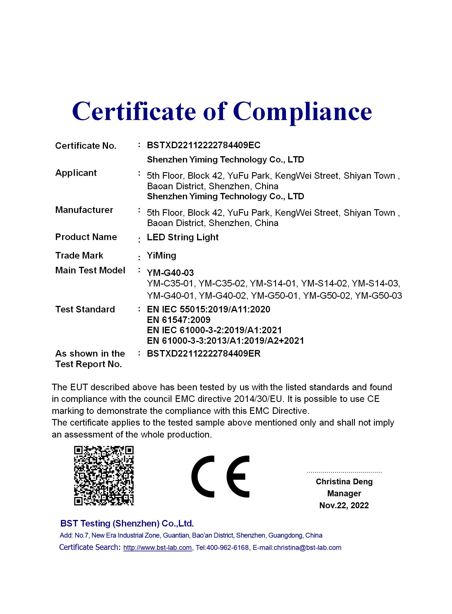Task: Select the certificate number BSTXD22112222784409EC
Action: tap(203, 145)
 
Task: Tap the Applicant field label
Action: tap(76, 173)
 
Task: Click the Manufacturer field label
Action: tap(84, 210)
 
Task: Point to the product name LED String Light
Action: tap(183, 237)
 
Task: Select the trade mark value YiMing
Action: tap(161, 256)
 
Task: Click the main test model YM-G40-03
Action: tap(170, 273)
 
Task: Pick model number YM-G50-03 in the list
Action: tap(378, 296)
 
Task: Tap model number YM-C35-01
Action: tap(170, 284)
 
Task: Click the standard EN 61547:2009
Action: tap(179, 320)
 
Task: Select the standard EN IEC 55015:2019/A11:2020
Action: tap(208, 309)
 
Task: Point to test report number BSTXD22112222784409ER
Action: tap(203, 354)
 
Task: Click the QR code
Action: tap(104, 475)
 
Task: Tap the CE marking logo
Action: tap(220, 476)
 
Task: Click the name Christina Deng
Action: tap(344, 482)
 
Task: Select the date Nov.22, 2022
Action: tap(344, 505)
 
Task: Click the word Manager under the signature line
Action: tap(344, 493)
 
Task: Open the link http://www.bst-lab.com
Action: tap(157, 548)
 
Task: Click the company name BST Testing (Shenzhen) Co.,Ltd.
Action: tap(127, 524)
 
